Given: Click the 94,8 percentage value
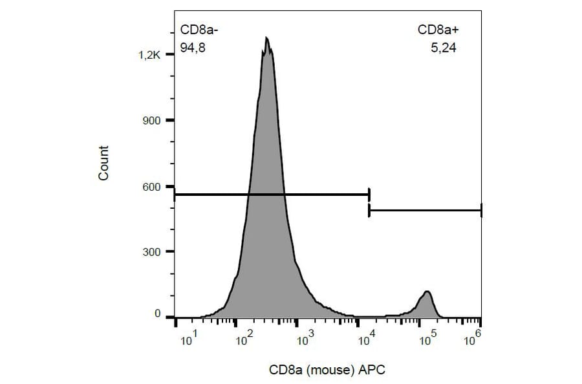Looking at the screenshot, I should tap(193, 47).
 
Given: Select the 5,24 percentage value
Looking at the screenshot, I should tap(444, 47).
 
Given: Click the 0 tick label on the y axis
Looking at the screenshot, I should tap(156, 315).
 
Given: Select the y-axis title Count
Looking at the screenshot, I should tap(103, 163).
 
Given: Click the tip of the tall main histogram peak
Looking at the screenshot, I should tap(266, 38).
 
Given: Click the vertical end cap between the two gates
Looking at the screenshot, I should tap(369, 202).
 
